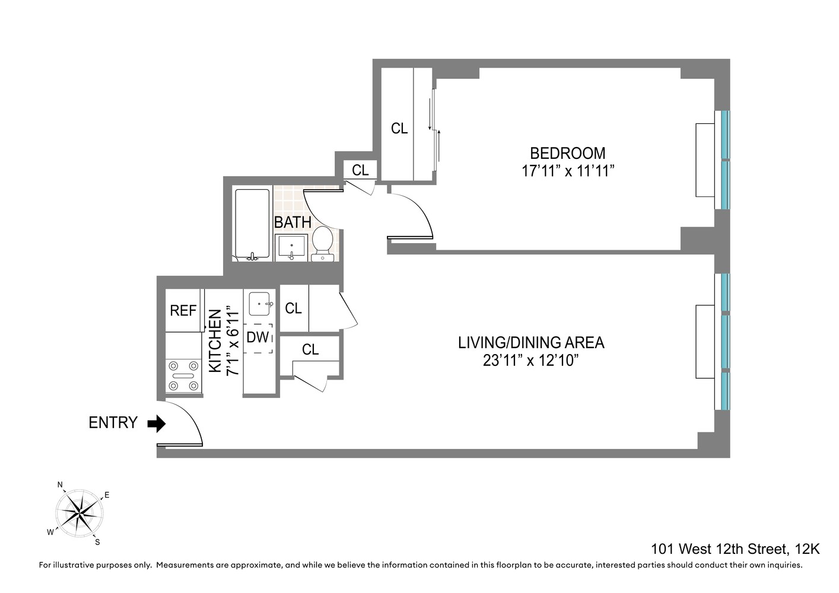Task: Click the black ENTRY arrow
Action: (157, 423)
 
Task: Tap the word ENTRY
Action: (113, 423)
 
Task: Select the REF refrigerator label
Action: (183, 311)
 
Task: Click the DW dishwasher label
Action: (258, 337)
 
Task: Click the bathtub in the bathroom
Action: (252, 224)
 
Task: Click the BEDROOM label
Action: (567, 153)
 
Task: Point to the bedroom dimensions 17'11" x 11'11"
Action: (567, 171)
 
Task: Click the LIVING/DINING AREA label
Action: (530, 343)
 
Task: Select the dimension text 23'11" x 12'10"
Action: (530, 361)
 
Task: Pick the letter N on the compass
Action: (60, 485)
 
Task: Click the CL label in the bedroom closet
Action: (399, 129)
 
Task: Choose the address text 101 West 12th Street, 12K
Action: (735, 549)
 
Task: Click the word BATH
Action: (293, 222)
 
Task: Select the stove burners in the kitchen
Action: (183, 376)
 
